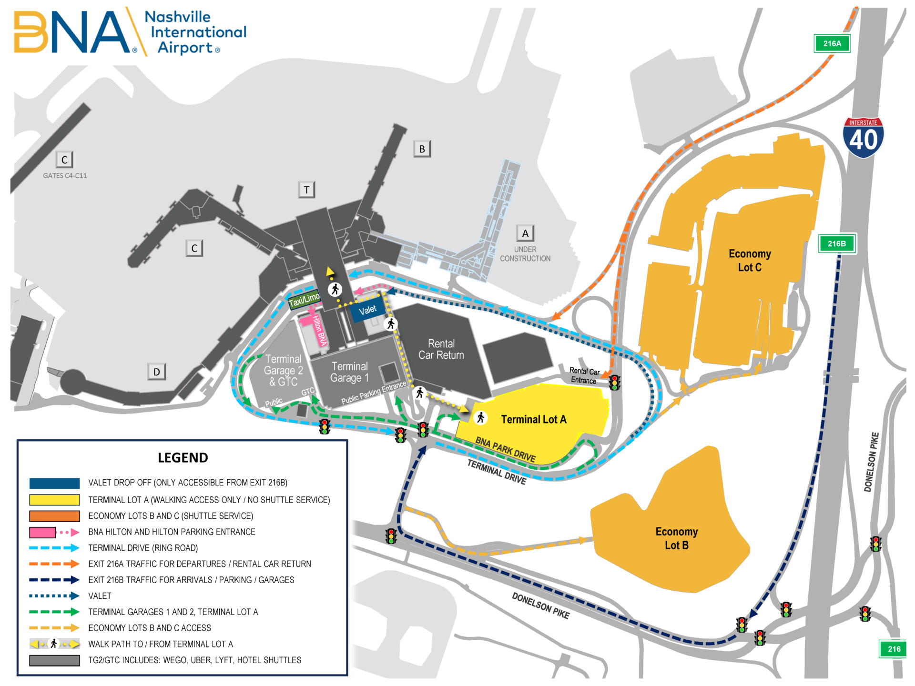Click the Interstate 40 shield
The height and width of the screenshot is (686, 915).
pos(863,138)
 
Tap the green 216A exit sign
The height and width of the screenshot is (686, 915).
pos(832,43)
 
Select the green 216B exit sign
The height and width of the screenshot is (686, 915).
pos(837,243)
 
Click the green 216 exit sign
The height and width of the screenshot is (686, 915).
pos(894,649)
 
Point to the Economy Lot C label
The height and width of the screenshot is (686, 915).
pos(750,261)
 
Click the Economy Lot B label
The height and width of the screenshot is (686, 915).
pos(677,538)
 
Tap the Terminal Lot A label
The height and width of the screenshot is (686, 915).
pos(534,419)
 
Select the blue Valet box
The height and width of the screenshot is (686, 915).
pos(367,310)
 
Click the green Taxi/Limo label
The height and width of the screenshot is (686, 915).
pos(305,300)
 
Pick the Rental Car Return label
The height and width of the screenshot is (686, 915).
pos(441,349)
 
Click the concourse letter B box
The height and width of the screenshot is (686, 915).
pos(422,149)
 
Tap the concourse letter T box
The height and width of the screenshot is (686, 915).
pos(306,190)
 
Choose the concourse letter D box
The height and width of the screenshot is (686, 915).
pos(156,372)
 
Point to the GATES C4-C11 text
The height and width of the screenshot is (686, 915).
pos(65,176)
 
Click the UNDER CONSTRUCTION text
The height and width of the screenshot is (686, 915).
pos(525,254)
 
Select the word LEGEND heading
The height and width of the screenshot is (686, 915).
pos(183,458)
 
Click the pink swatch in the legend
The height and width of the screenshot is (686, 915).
pos(42,532)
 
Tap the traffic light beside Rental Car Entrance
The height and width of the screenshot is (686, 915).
pos(615,382)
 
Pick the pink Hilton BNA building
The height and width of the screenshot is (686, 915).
pos(315,329)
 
